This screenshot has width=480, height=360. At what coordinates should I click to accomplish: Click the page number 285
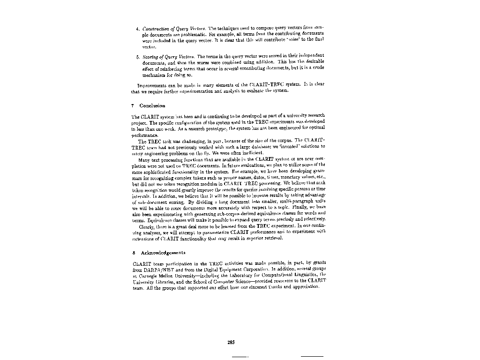click(231, 343)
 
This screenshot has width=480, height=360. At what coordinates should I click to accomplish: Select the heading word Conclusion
click(152, 105)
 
